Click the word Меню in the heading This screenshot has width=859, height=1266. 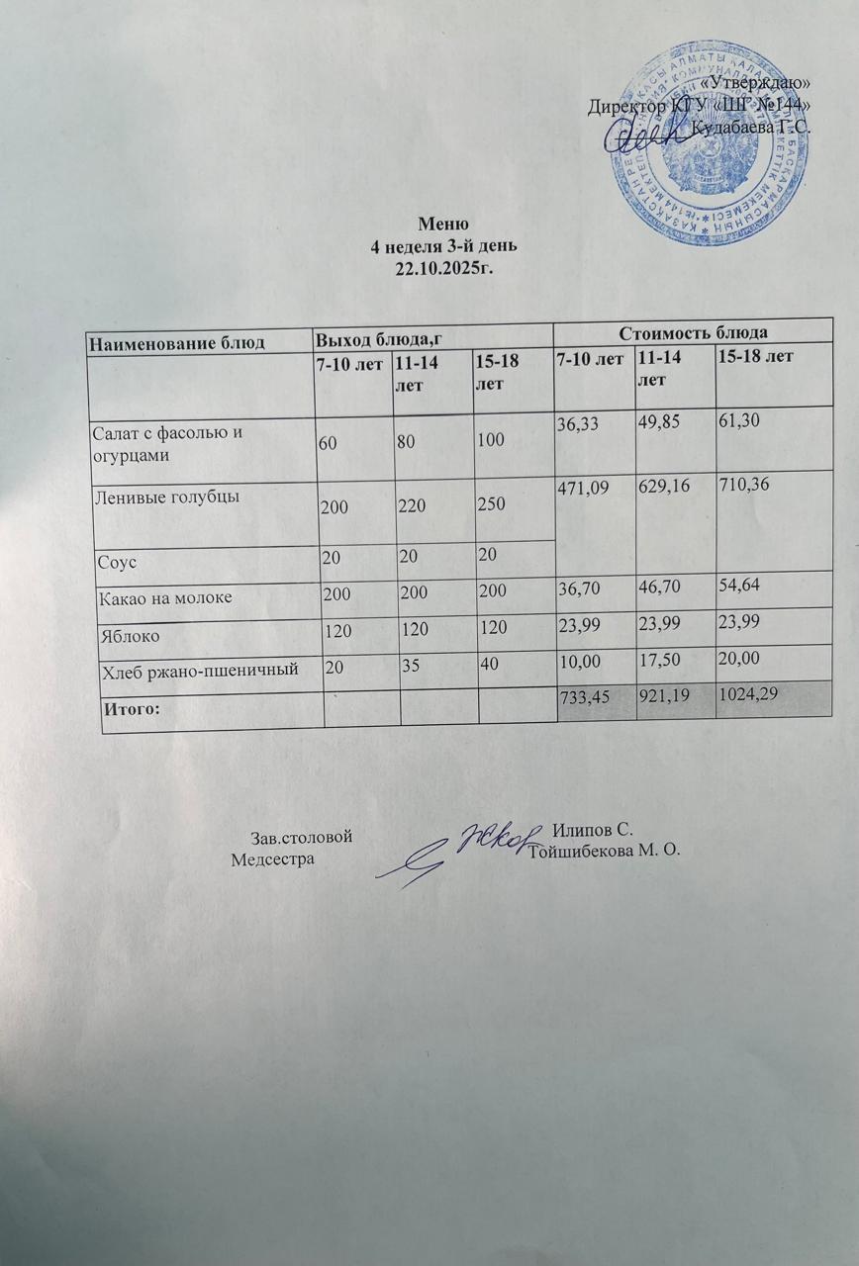(x=435, y=223)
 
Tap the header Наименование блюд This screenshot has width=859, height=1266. (x=177, y=342)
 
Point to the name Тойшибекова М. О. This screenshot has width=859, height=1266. (x=607, y=850)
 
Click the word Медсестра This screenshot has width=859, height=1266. (x=272, y=859)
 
